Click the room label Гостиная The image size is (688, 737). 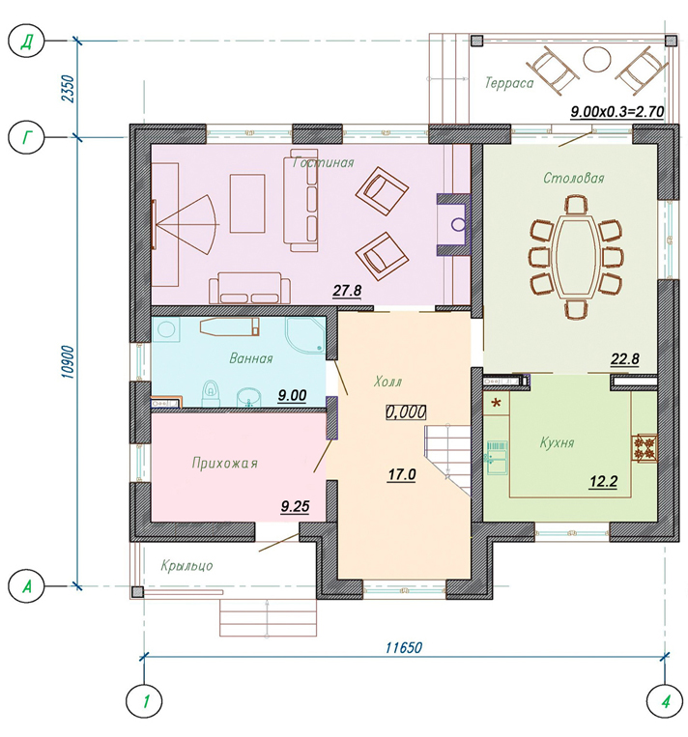[323, 162]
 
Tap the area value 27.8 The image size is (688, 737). [347, 291]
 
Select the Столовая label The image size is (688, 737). [574, 178]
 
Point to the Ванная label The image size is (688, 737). [251, 358]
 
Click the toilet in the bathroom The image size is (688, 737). [212, 393]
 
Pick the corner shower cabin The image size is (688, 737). [305, 334]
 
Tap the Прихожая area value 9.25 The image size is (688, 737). [295, 507]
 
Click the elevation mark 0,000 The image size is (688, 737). [406, 412]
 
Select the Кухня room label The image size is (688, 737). [558, 442]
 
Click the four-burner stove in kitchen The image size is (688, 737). [645, 447]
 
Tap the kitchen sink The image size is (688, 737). [497, 457]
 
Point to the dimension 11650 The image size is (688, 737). [404, 648]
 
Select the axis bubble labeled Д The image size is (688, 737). [26, 42]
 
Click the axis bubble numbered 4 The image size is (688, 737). [666, 702]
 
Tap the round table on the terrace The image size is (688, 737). [597, 59]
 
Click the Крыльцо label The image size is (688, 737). [186, 565]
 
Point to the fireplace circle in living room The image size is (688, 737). [458, 225]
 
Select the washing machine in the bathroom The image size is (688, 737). [165, 329]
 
